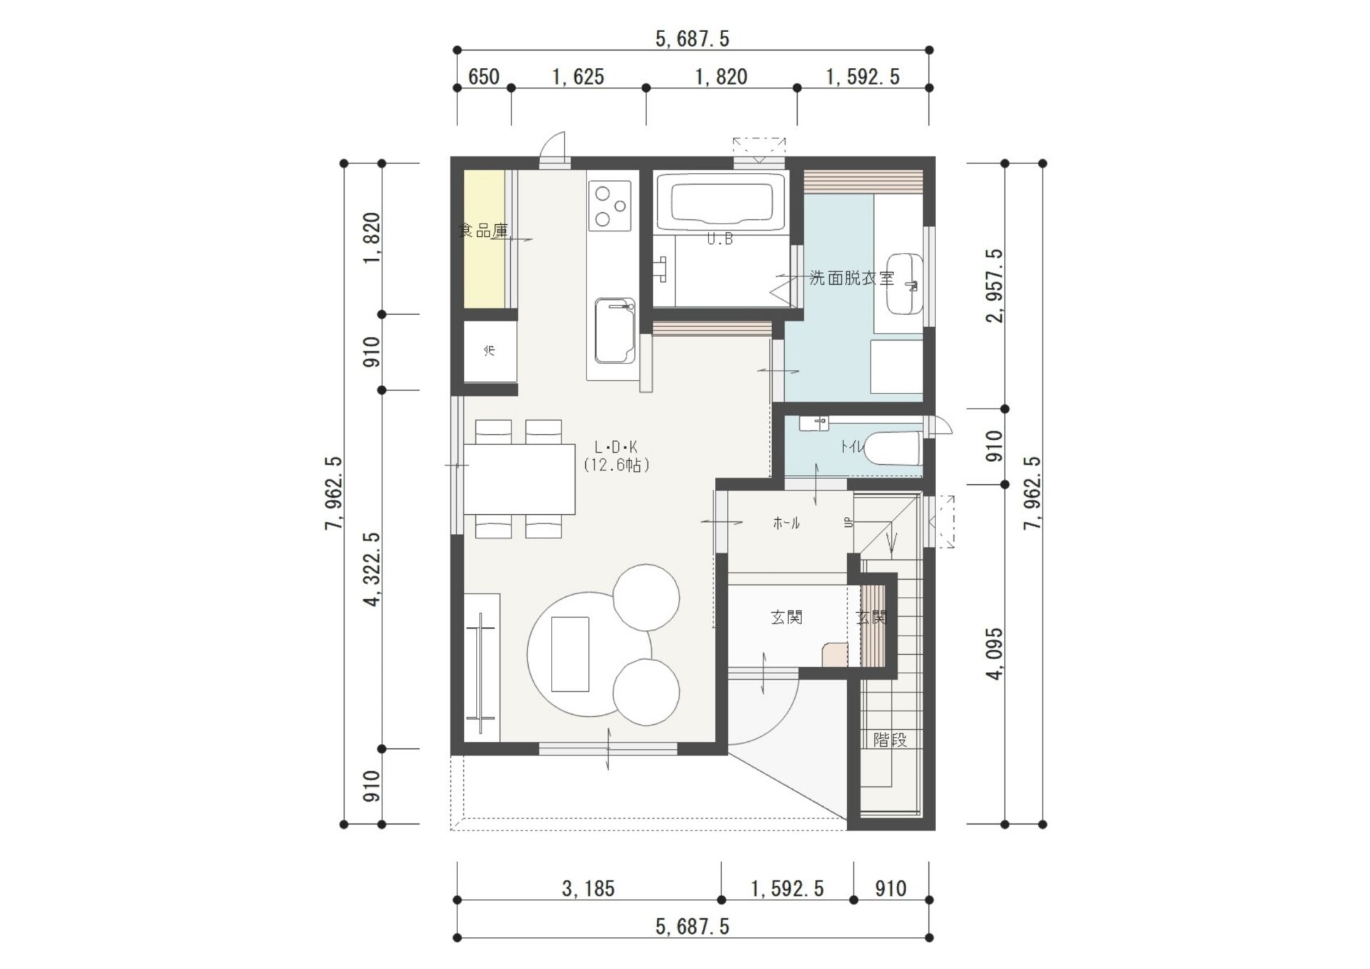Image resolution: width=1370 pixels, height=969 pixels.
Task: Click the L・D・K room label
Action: [x=616, y=448]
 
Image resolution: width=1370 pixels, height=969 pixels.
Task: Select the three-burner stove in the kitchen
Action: [x=610, y=206]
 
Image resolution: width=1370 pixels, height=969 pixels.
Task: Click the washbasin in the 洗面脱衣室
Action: [x=905, y=283]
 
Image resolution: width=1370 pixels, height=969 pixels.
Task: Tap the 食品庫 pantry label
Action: [x=483, y=231]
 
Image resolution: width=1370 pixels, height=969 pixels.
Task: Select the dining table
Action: [x=519, y=478]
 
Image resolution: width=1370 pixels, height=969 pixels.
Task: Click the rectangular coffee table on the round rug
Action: [x=570, y=654]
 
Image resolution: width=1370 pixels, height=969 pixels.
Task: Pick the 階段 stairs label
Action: [x=890, y=740]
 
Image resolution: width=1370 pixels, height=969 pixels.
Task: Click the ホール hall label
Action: [x=786, y=523]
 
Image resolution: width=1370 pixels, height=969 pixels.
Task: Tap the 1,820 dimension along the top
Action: [x=721, y=76]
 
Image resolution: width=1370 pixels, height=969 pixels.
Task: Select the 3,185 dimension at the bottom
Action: [x=588, y=888]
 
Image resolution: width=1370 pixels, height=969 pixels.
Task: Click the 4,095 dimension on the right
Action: [x=995, y=653]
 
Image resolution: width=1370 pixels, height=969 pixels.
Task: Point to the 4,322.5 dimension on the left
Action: [x=372, y=569]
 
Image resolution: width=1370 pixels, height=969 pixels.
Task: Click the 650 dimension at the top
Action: [x=484, y=76]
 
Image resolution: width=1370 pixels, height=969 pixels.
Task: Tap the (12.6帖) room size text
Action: [x=616, y=466]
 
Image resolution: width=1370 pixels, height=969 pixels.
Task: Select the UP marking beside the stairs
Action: [x=848, y=523]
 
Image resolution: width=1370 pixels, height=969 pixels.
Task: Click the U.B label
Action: [x=720, y=239]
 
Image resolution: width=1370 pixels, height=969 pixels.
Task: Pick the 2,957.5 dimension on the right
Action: [x=995, y=286]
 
